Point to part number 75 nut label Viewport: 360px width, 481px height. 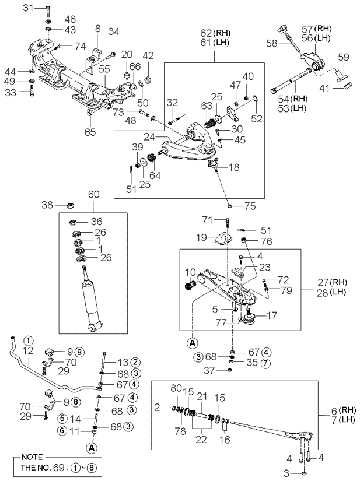[x=250, y=205]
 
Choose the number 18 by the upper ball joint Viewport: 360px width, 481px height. [x=233, y=167]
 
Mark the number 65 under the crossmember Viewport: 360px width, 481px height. [x=90, y=132]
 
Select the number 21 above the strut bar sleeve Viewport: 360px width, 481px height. [x=201, y=396]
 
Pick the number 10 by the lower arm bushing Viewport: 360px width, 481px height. [x=190, y=272]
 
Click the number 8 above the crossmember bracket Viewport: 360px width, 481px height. [x=98, y=27]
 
